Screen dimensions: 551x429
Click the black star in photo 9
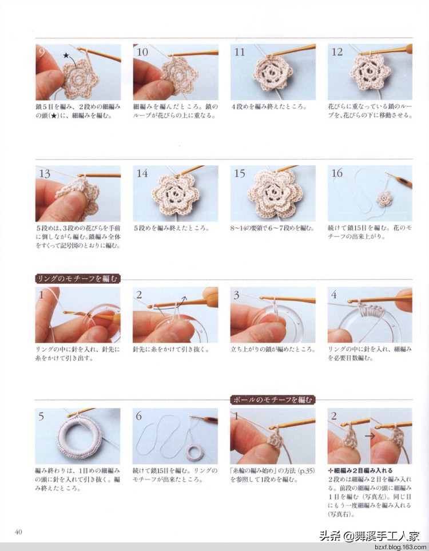[66, 56]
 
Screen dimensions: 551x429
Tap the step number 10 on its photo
[142, 52]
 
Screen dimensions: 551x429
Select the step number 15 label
[240, 173]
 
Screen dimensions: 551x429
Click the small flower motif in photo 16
[384, 199]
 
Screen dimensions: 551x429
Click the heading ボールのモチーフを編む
[273, 399]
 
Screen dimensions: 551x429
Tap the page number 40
[18, 532]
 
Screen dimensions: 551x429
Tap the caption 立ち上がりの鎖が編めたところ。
[272, 349]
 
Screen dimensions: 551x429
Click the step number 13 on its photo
[45, 173]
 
